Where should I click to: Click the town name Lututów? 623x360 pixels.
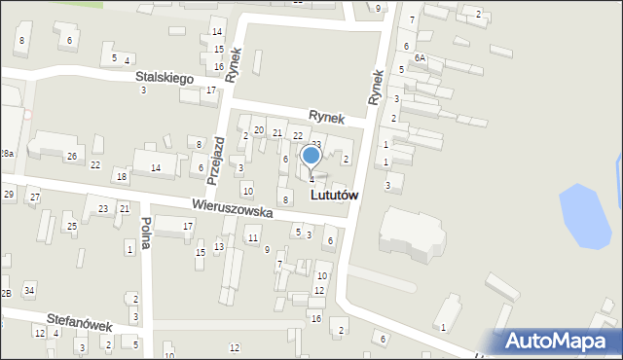point(334,195)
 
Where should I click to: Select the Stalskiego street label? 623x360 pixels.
point(165,78)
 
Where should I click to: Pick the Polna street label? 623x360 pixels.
point(145,233)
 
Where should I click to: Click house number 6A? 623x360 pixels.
point(420,58)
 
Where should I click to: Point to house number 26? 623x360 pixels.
point(71,157)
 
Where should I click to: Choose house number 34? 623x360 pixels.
point(29,290)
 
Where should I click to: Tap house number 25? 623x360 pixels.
point(71,226)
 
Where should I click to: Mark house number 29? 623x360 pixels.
point(9,195)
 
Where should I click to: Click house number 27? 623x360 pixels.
point(34,198)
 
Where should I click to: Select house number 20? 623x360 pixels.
point(258,129)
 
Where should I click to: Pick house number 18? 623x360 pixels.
point(121,176)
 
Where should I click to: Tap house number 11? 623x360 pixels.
point(253,237)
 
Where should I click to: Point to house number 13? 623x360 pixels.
point(219,246)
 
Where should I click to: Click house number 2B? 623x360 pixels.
point(5,293)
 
